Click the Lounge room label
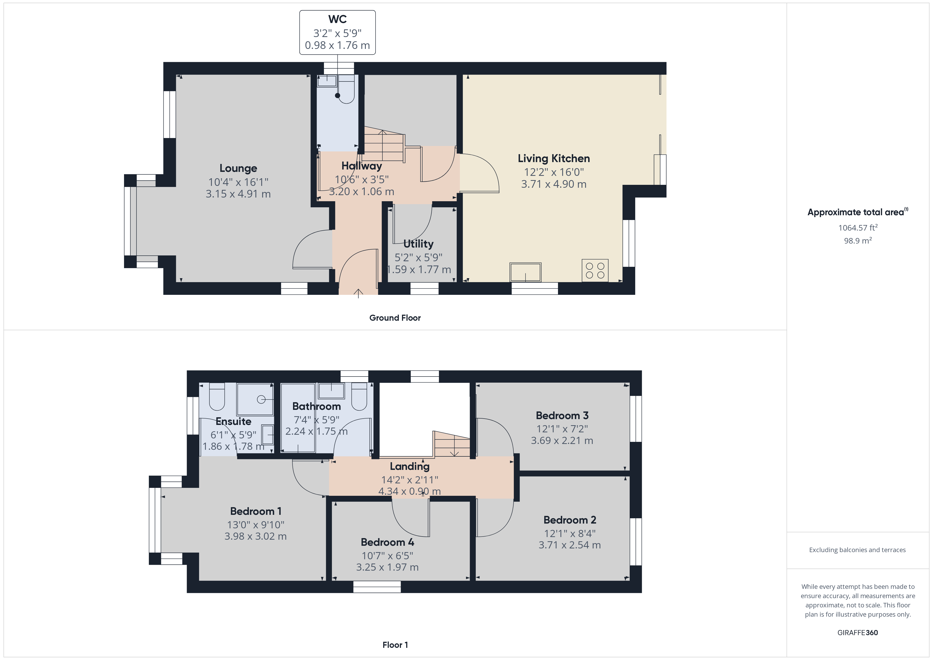pyautogui.click(x=238, y=168)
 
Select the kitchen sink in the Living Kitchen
pyautogui.click(x=525, y=272)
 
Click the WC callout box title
pyautogui.click(x=337, y=19)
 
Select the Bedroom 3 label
pyautogui.click(x=562, y=415)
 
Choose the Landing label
pyautogui.click(x=410, y=466)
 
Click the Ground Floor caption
pyautogui.click(x=395, y=318)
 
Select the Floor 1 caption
pyautogui.click(x=395, y=645)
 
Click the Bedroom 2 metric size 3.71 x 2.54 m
pyautogui.click(x=569, y=545)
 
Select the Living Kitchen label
pyautogui.click(x=554, y=158)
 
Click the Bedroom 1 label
pyautogui.click(x=256, y=511)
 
